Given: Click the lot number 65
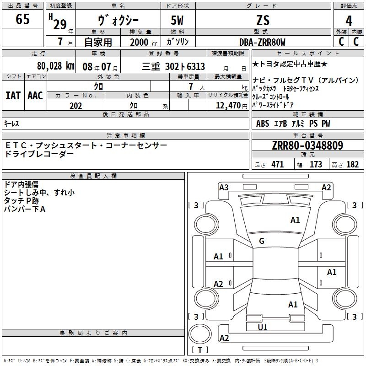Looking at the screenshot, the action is [x=22, y=19].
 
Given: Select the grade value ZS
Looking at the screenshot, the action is [x=263, y=20].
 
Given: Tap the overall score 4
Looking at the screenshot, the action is [x=349, y=21].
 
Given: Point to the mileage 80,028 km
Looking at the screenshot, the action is [x=56, y=66].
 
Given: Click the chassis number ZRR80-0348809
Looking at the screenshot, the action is [x=307, y=145].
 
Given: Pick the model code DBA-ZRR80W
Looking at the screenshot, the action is [x=262, y=42].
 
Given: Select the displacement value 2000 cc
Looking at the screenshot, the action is [x=144, y=42].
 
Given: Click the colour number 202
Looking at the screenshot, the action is [x=76, y=106].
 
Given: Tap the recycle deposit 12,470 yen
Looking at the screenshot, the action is [x=231, y=106].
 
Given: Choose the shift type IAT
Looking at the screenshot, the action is [x=13, y=96].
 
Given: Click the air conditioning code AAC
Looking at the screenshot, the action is [x=35, y=96].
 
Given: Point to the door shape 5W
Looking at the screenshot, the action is [x=177, y=20].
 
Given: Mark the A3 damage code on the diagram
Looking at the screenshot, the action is [x=224, y=188].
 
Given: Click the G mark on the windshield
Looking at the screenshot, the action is [x=262, y=241].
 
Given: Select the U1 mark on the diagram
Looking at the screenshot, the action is [x=262, y=328].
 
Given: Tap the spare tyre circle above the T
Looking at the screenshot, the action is [x=200, y=334].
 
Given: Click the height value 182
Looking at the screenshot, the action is [x=352, y=164].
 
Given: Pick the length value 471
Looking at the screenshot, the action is [x=278, y=164].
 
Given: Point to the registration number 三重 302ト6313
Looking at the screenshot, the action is [x=173, y=66].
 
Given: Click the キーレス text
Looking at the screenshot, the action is [x=11, y=124].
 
